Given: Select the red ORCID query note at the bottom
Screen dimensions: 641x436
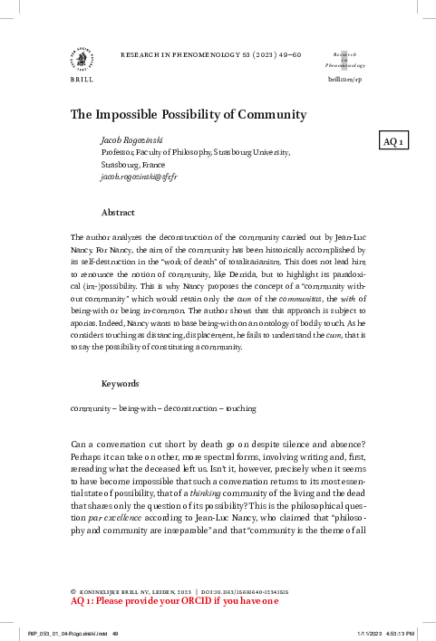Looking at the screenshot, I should [175, 599].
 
